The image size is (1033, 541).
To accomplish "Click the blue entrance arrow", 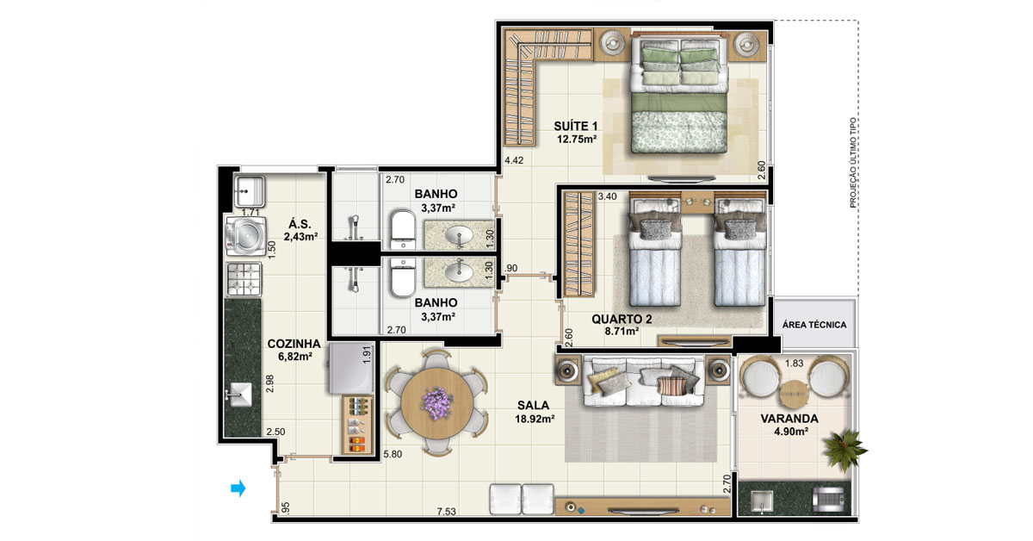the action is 238,488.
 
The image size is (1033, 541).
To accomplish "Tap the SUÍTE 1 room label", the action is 576,126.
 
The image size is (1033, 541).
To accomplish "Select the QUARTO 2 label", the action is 622,319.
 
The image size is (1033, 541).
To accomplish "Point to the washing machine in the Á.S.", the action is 245,236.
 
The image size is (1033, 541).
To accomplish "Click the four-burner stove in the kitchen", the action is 244,279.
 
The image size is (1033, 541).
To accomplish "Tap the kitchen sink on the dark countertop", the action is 240,395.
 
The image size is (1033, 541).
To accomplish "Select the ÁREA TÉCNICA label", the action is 814,325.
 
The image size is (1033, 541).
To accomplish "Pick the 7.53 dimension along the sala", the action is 447,512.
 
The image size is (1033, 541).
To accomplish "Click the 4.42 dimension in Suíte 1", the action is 514,160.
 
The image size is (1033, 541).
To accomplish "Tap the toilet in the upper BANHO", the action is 404,229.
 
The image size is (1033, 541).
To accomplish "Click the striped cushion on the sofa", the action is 671,386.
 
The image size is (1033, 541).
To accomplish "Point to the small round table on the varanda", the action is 795,395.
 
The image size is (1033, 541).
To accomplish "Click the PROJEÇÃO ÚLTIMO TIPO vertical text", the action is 853,163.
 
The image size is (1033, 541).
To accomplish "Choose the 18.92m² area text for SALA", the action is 534,420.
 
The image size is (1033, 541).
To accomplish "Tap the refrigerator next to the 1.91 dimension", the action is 351,368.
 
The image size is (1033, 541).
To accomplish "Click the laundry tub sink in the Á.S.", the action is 249,191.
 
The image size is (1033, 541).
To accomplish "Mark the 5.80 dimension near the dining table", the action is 393,454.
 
